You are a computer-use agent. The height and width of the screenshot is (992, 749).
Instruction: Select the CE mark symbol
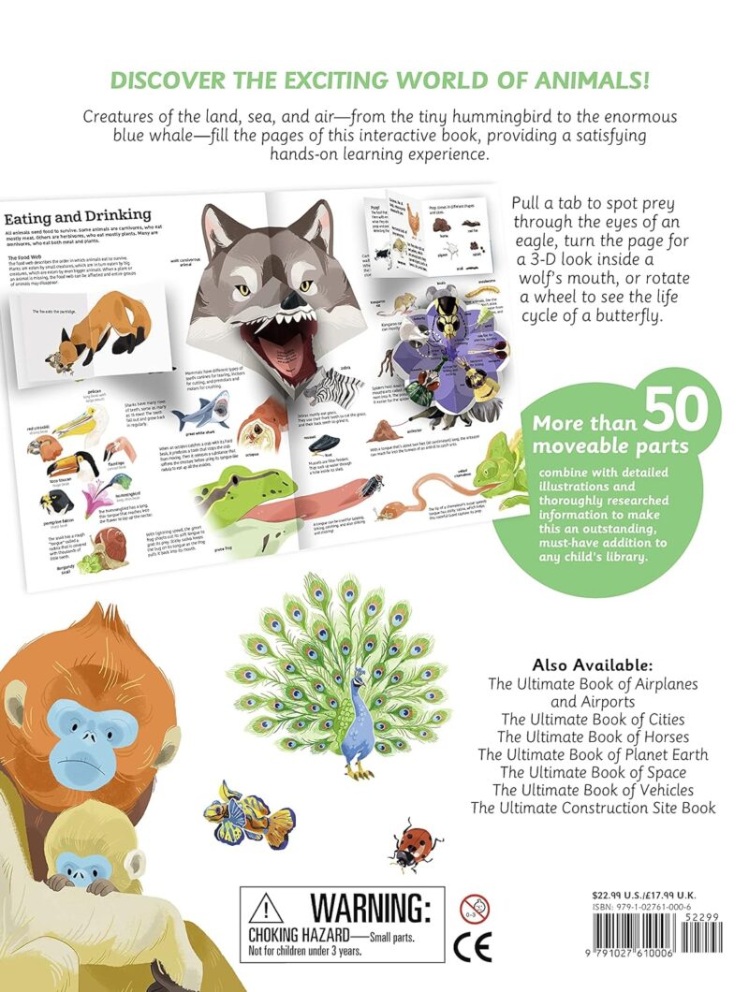coord(472,947)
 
